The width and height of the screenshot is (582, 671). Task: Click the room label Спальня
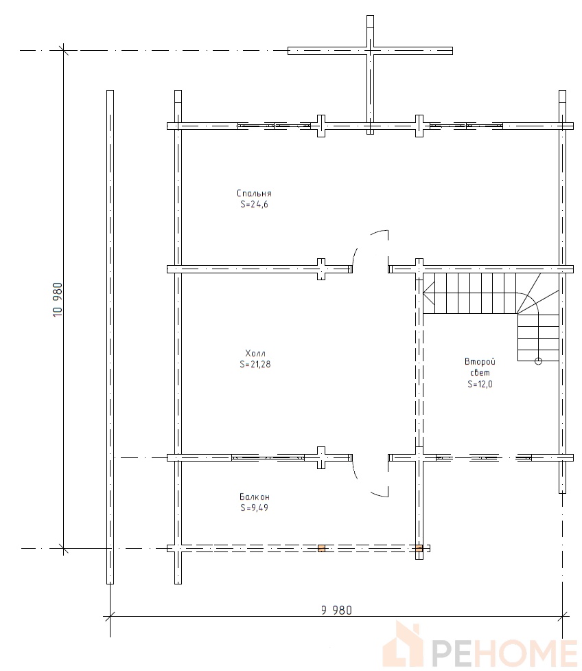coord(254,194)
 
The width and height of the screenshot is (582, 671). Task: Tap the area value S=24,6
coord(254,205)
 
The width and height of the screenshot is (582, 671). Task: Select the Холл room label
coord(255,354)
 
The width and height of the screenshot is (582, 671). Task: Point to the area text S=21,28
coord(255,365)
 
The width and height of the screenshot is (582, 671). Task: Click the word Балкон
coord(255,497)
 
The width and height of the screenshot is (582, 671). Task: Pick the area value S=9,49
coord(255,508)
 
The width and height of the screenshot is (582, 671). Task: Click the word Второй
coord(480,362)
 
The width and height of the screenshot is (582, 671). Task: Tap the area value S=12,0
coord(480,385)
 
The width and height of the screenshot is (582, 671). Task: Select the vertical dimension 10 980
coord(58,299)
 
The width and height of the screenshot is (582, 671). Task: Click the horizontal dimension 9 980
coord(336,611)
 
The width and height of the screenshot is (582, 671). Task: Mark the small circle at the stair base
coord(538,361)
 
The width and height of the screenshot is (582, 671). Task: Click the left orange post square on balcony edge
coord(321,548)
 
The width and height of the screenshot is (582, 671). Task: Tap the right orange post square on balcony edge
coord(419,548)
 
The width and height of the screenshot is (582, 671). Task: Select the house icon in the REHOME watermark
coord(402,644)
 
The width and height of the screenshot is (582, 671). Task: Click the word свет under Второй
coord(480,373)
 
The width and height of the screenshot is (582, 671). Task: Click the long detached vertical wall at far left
coord(110,337)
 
